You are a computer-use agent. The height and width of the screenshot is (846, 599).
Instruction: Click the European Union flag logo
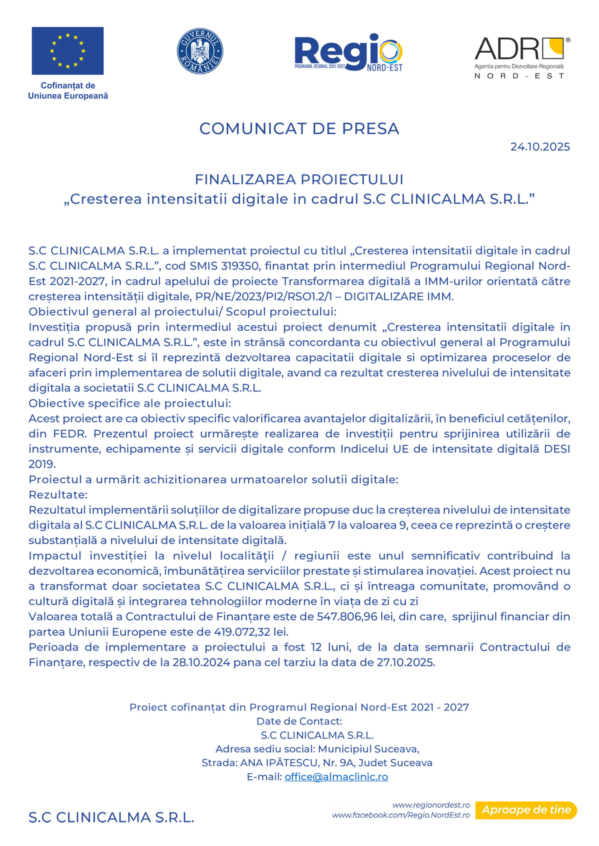coord(67,51)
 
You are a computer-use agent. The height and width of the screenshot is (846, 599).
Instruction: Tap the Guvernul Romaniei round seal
coord(200,51)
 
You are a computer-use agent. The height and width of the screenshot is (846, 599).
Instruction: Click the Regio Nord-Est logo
coord(348,53)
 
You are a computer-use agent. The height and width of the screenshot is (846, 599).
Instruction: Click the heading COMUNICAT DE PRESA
coord(299,129)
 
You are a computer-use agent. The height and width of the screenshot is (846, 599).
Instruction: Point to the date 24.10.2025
coord(540,147)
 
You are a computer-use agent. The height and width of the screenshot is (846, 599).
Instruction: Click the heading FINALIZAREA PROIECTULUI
coord(299,179)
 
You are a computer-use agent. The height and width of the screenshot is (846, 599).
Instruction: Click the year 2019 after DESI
coord(42,464)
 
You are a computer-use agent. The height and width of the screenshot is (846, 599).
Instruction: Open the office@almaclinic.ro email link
coord(336,777)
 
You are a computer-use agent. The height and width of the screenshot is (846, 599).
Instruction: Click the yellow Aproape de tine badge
coord(526,810)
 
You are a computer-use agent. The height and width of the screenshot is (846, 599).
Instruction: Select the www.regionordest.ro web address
coord(431,805)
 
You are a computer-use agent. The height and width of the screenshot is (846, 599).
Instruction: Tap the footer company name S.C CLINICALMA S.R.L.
coord(111,818)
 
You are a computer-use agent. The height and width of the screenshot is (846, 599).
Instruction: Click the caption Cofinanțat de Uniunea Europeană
coord(68,91)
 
